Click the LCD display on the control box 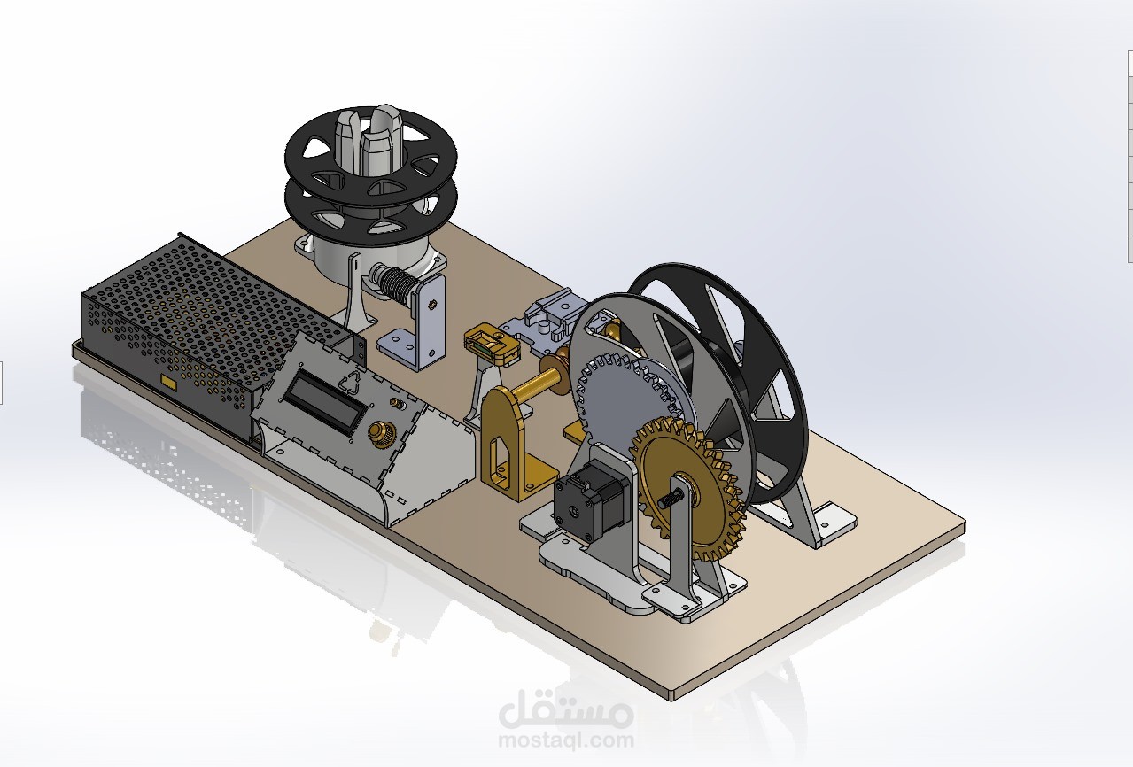325,400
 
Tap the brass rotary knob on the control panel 382,433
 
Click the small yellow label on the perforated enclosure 167,381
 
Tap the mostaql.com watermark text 566,740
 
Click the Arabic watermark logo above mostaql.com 566,709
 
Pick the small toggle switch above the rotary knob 398,406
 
